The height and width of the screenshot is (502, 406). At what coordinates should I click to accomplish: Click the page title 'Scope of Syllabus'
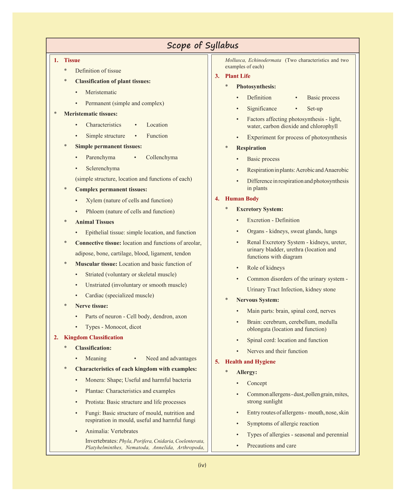[x=202, y=45]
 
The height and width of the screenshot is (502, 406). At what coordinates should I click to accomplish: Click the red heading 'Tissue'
[x=72, y=60]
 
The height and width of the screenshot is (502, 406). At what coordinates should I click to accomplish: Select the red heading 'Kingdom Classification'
[x=93, y=337]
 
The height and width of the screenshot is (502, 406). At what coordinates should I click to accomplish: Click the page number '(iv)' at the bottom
[x=202, y=465]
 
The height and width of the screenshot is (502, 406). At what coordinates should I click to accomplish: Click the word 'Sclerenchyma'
[x=103, y=168]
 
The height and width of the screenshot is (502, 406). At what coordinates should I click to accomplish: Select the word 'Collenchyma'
[x=162, y=157]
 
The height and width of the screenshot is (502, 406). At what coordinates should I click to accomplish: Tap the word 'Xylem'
[x=94, y=201]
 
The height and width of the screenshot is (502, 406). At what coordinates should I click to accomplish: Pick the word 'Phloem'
[x=95, y=211]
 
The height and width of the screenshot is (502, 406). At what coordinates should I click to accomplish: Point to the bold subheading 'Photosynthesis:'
[x=256, y=87]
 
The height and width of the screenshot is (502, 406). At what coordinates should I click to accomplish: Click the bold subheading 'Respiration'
[x=251, y=148]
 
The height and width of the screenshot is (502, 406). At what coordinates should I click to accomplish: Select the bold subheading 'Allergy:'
[x=247, y=372]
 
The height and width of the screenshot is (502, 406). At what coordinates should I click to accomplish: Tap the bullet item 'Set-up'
[x=315, y=109]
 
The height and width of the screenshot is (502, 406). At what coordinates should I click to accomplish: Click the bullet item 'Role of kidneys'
[x=266, y=268]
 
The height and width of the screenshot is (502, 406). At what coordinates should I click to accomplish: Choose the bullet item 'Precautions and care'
[x=271, y=446]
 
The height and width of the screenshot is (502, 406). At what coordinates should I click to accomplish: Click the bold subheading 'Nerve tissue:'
[x=92, y=306]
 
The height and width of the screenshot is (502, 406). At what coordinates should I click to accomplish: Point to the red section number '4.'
[x=217, y=199]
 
